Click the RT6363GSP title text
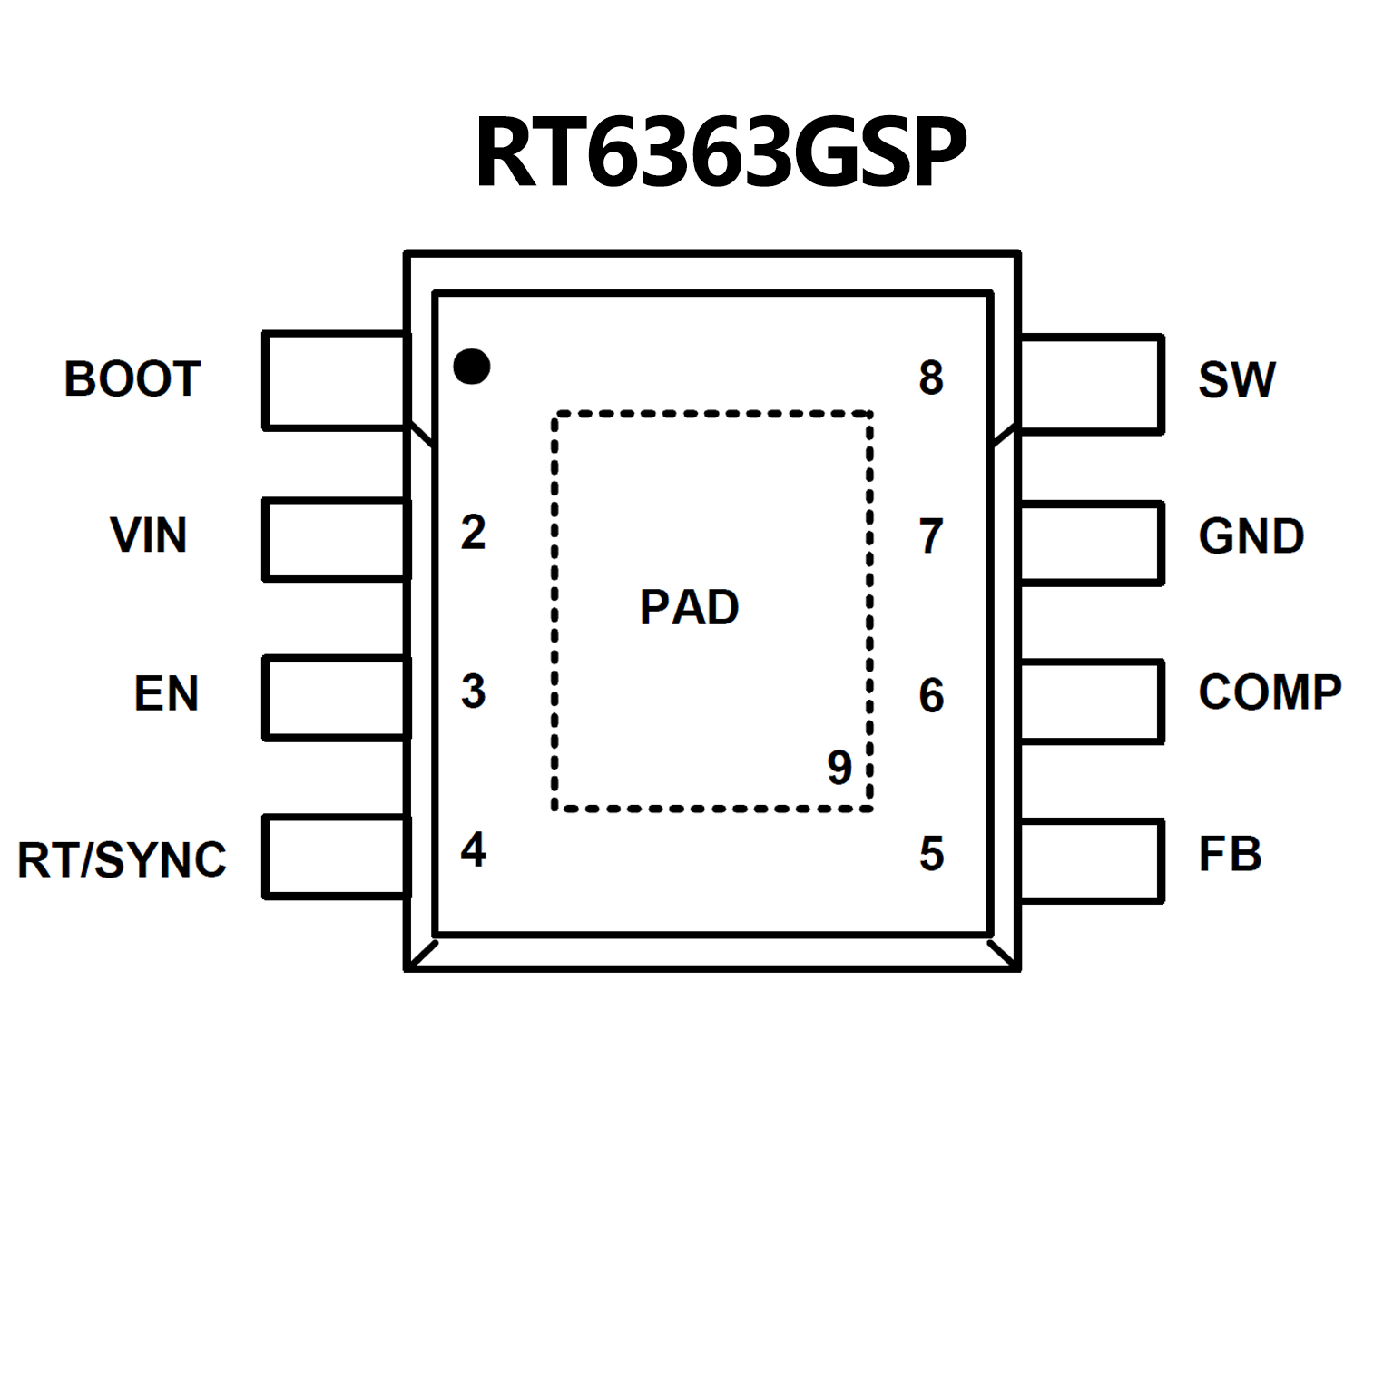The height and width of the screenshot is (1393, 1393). pos(721,152)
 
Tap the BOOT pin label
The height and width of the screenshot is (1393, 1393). pos(132,378)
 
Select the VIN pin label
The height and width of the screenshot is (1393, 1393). pos(148,535)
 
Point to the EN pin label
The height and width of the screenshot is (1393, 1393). pos(166,693)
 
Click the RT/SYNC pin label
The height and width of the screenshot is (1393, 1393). pos(122,859)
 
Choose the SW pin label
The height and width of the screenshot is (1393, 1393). pos(1236,379)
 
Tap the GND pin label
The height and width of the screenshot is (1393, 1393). pos(1251,536)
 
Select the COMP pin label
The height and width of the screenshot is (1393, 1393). pos(1270,692)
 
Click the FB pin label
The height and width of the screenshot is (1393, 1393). pos(1230,854)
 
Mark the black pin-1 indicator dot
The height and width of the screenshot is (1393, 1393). pos(472,367)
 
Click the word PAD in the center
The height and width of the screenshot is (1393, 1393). pos(689,607)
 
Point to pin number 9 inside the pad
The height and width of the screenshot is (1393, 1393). pos(839,768)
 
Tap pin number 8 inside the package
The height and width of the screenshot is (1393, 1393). pos(931,378)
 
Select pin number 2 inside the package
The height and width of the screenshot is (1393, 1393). pos(473,533)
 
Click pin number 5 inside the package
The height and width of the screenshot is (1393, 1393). pos(931,854)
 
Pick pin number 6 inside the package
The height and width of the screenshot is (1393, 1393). pos(931,696)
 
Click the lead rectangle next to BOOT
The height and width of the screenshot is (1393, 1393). pos(335,380)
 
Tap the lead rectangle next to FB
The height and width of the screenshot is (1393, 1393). pos(1091,860)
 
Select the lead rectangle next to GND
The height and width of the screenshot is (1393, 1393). pos(1091,543)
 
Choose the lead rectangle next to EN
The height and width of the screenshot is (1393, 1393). pos(335,698)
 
